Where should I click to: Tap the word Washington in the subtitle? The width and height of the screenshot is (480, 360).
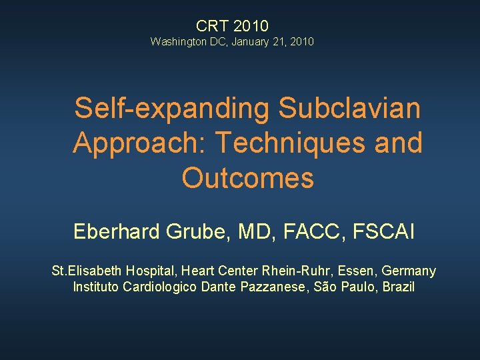177,42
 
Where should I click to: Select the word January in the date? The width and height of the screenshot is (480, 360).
250,42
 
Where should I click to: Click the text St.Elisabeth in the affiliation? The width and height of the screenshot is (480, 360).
82,271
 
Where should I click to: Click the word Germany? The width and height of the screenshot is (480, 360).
407,271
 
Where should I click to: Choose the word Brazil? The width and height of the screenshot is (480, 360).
398,287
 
